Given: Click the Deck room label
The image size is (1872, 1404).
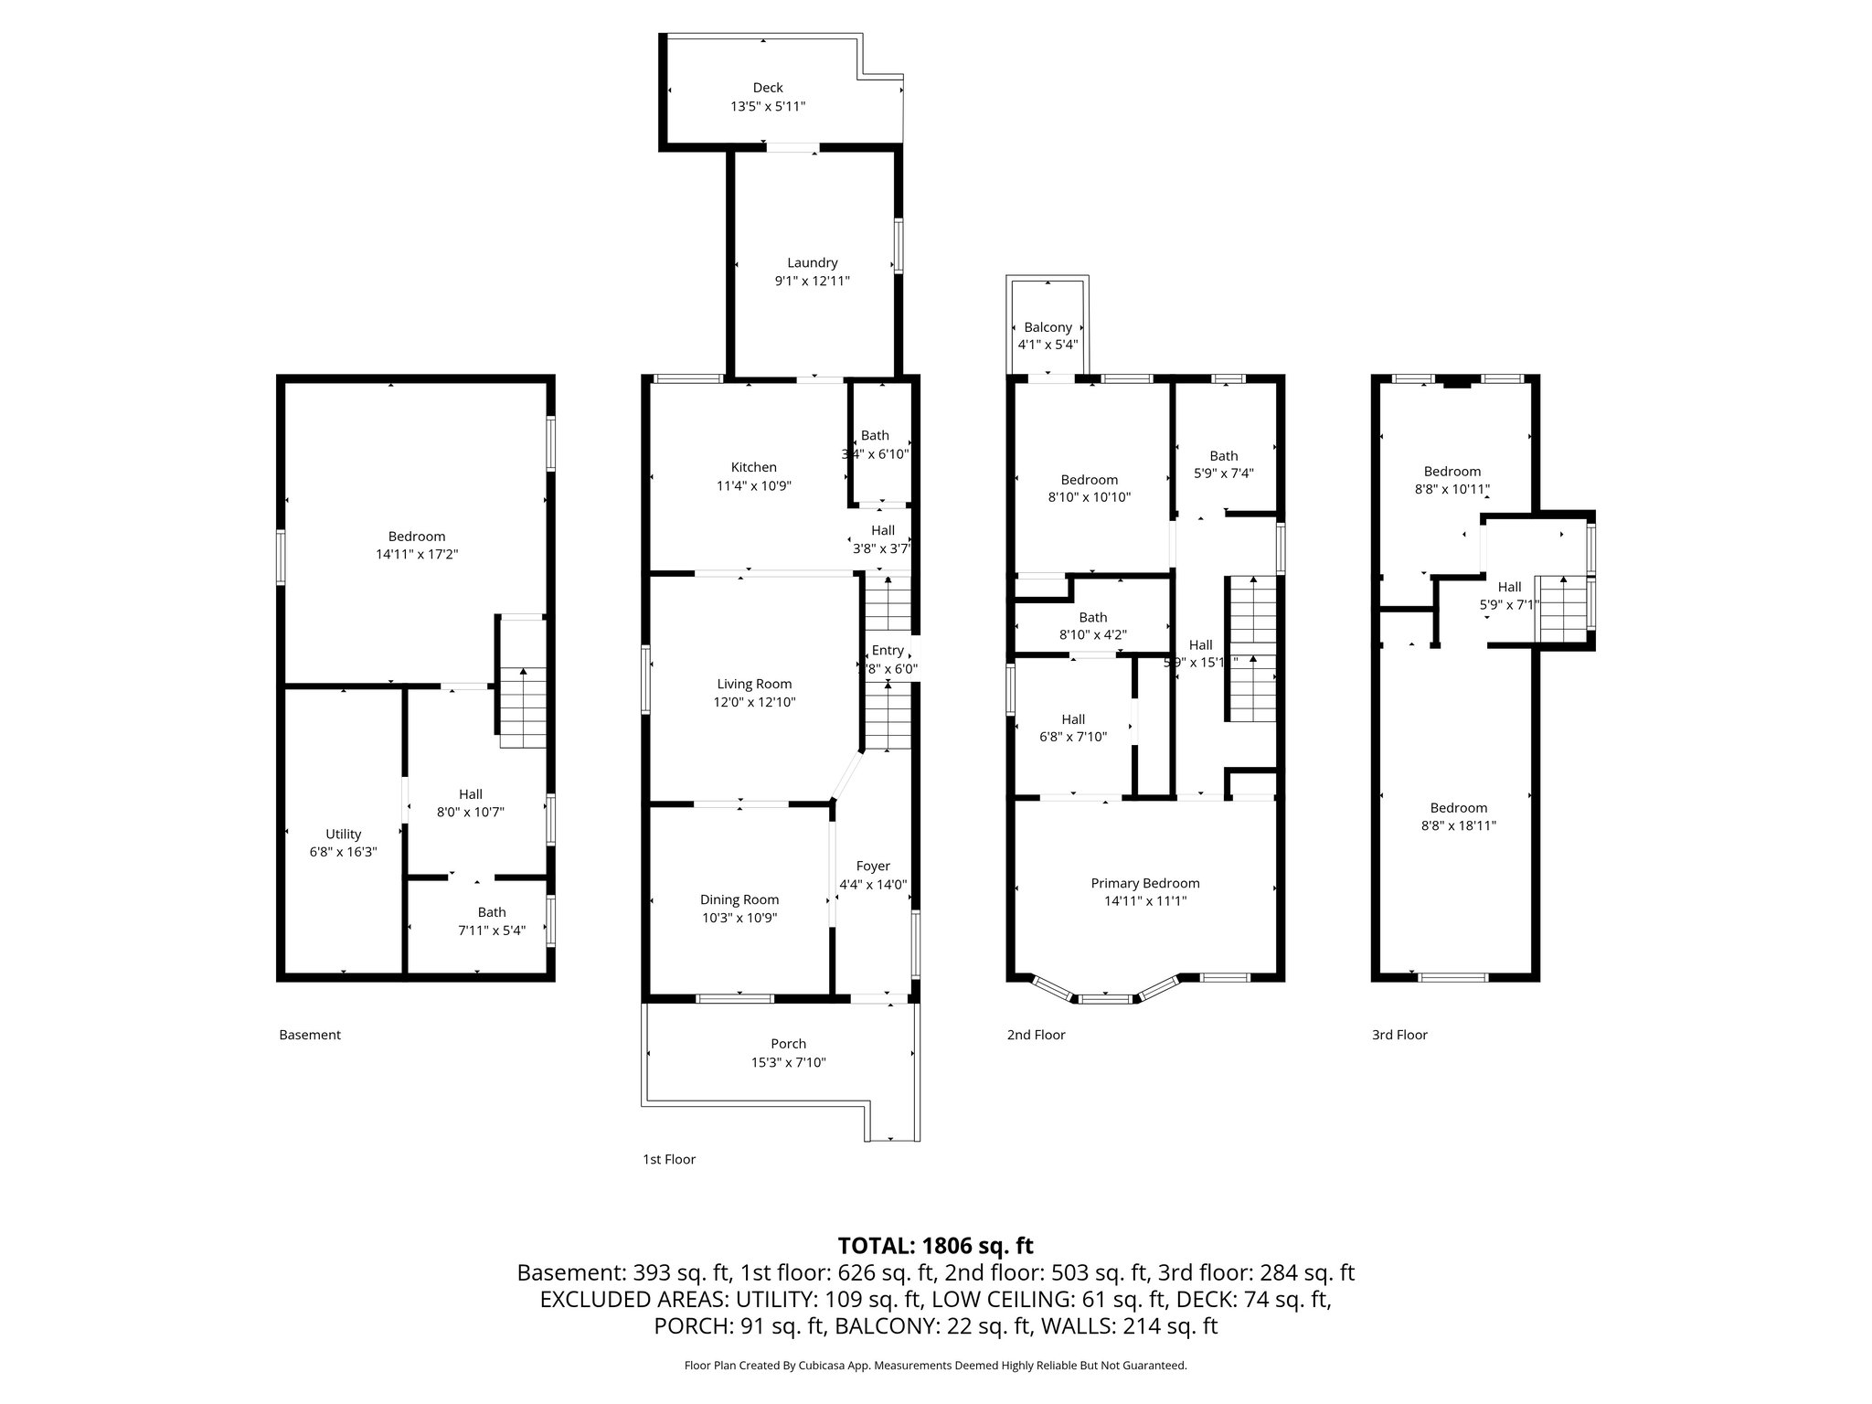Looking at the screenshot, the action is click(768, 88).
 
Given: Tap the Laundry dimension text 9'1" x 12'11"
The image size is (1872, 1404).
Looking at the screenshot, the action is click(813, 281).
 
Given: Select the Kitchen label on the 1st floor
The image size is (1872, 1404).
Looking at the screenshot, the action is click(754, 467).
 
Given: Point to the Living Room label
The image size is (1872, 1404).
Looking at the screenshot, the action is click(754, 684).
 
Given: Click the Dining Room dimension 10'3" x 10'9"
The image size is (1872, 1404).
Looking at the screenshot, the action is click(739, 918).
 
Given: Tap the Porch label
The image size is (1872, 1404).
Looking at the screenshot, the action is click(789, 1044).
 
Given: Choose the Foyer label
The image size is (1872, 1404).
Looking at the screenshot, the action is click(873, 867).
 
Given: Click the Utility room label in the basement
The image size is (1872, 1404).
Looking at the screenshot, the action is click(344, 834).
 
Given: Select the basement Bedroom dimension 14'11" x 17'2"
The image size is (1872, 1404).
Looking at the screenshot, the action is click(417, 554).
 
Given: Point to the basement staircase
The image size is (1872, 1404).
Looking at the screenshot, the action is click(523, 707).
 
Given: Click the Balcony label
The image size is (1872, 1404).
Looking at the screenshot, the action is click(1048, 327).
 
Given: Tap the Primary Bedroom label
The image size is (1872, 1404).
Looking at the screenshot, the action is click(1145, 883).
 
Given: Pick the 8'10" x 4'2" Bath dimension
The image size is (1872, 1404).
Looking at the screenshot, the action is click(1093, 634).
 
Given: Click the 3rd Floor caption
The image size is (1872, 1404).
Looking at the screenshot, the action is click(1399, 1035).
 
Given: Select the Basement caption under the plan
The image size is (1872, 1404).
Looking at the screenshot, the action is click(310, 1035).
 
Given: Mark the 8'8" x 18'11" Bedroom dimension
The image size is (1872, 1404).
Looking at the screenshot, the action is click(1459, 825).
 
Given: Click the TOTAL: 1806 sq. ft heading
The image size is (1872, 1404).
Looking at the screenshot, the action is click(936, 1246).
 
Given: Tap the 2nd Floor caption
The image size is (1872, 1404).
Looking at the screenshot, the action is click(1037, 1035).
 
